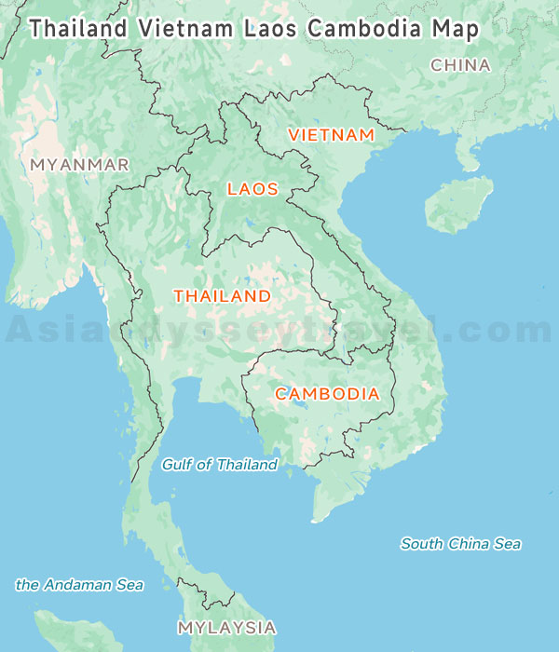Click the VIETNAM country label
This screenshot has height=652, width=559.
click(x=331, y=135)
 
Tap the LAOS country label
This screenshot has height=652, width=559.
click(x=252, y=189)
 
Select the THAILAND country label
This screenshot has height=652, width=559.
click(x=222, y=296)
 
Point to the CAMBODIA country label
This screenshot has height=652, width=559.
click(x=327, y=394)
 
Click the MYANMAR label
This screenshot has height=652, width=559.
click(x=79, y=165)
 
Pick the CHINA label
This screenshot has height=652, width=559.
click(x=460, y=65)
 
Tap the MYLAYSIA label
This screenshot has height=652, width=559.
click(x=226, y=627)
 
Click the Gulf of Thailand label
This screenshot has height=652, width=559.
click(x=220, y=465)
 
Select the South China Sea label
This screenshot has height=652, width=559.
click(x=460, y=544)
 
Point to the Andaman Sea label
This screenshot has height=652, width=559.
click(x=79, y=585)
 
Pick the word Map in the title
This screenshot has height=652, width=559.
click(x=456, y=28)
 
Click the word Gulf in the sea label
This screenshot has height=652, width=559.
click(x=178, y=465)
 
